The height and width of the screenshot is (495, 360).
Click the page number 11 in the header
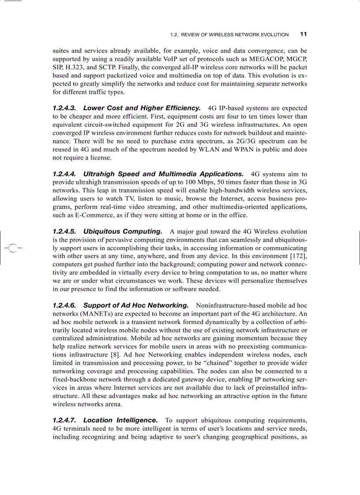304,34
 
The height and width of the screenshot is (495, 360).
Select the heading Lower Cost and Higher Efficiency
142,108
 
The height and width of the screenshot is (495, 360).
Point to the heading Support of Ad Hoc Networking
136,305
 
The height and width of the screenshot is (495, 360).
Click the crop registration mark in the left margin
13,248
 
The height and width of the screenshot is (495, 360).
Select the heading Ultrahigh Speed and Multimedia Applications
163,174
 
